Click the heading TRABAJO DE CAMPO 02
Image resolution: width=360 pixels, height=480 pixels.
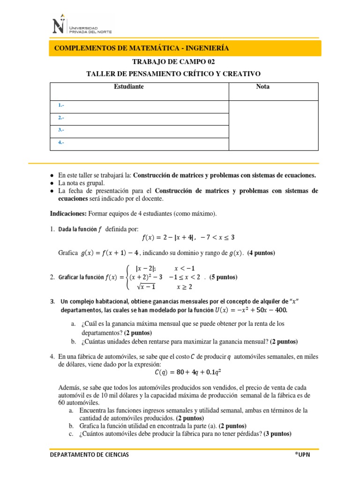click(x=173, y=62)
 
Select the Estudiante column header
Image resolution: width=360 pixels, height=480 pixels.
click(x=129, y=87)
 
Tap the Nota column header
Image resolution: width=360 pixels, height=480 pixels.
click(x=263, y=87)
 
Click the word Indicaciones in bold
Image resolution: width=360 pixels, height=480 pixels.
click(x=67, y=214)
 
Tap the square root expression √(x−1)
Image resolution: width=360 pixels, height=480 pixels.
click(x=145, y=286)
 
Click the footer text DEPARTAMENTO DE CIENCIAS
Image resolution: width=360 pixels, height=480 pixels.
click(x=90, y=455)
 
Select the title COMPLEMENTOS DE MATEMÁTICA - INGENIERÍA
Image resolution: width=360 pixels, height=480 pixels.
click(x=142, y=48)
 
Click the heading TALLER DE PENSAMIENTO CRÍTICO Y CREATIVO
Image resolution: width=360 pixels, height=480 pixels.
click(x=173, y=74)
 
